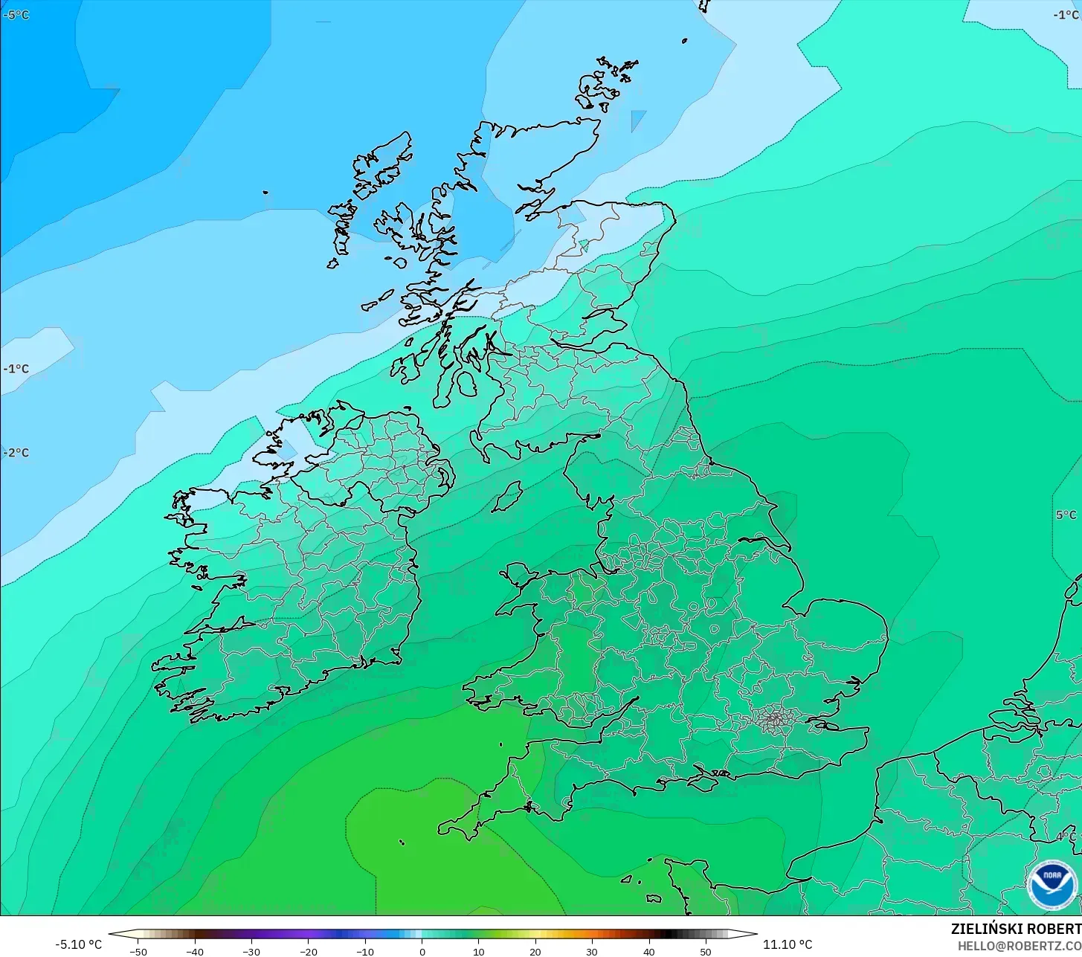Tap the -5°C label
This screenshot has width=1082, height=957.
[x=16, y=15]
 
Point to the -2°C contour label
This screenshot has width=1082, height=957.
[x=16, y=453]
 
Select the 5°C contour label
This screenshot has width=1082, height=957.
[x=1066, y=515]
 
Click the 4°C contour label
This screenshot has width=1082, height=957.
[x=1066, y=837]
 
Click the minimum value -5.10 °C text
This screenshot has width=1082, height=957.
[x=79, y=944]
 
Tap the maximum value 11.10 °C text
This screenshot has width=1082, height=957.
[x=788, y=944]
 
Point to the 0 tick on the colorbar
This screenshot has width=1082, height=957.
[x=422, y=952]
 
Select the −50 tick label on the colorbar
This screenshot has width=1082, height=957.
[x=138, y=952]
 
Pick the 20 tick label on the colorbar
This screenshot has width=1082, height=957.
[x=535, y=952]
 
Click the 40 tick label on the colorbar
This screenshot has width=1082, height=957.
[x=648, y=952]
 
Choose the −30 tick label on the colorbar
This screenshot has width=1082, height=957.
[x=251, y=952]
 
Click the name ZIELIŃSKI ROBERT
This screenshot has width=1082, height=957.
[x=1016, y=929]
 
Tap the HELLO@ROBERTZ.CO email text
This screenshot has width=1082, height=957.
[x=1019, y=946]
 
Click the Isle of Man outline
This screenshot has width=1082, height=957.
[x=508, y=496]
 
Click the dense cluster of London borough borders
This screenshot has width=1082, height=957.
[x=775, y=719]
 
